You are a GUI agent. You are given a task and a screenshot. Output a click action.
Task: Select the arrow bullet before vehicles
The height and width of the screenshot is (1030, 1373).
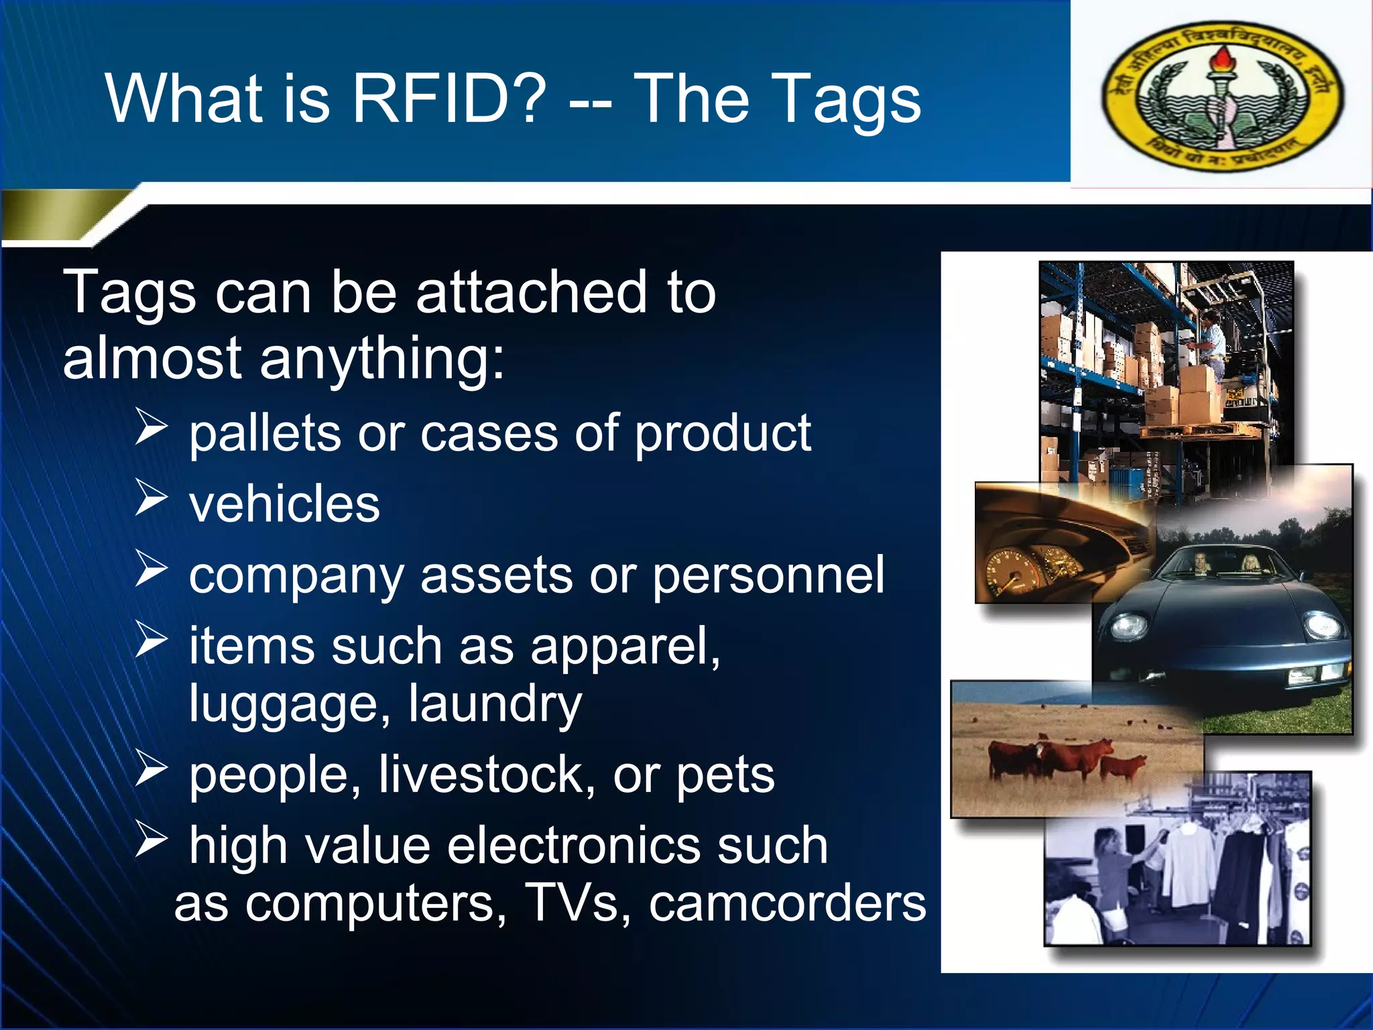tap(151, 498)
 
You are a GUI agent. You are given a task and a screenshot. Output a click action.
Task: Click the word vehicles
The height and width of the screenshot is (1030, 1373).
tap(284, 504)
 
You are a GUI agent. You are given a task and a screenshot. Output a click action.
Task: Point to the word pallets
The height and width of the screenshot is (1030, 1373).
tap(264, 434)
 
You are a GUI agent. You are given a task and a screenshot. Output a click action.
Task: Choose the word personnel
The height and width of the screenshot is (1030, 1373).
tap(768, 575)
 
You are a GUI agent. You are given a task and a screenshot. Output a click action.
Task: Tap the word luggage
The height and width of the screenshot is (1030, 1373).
tap(285, 704)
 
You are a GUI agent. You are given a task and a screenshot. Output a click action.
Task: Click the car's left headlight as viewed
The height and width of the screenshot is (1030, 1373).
tap(1130, 626)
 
